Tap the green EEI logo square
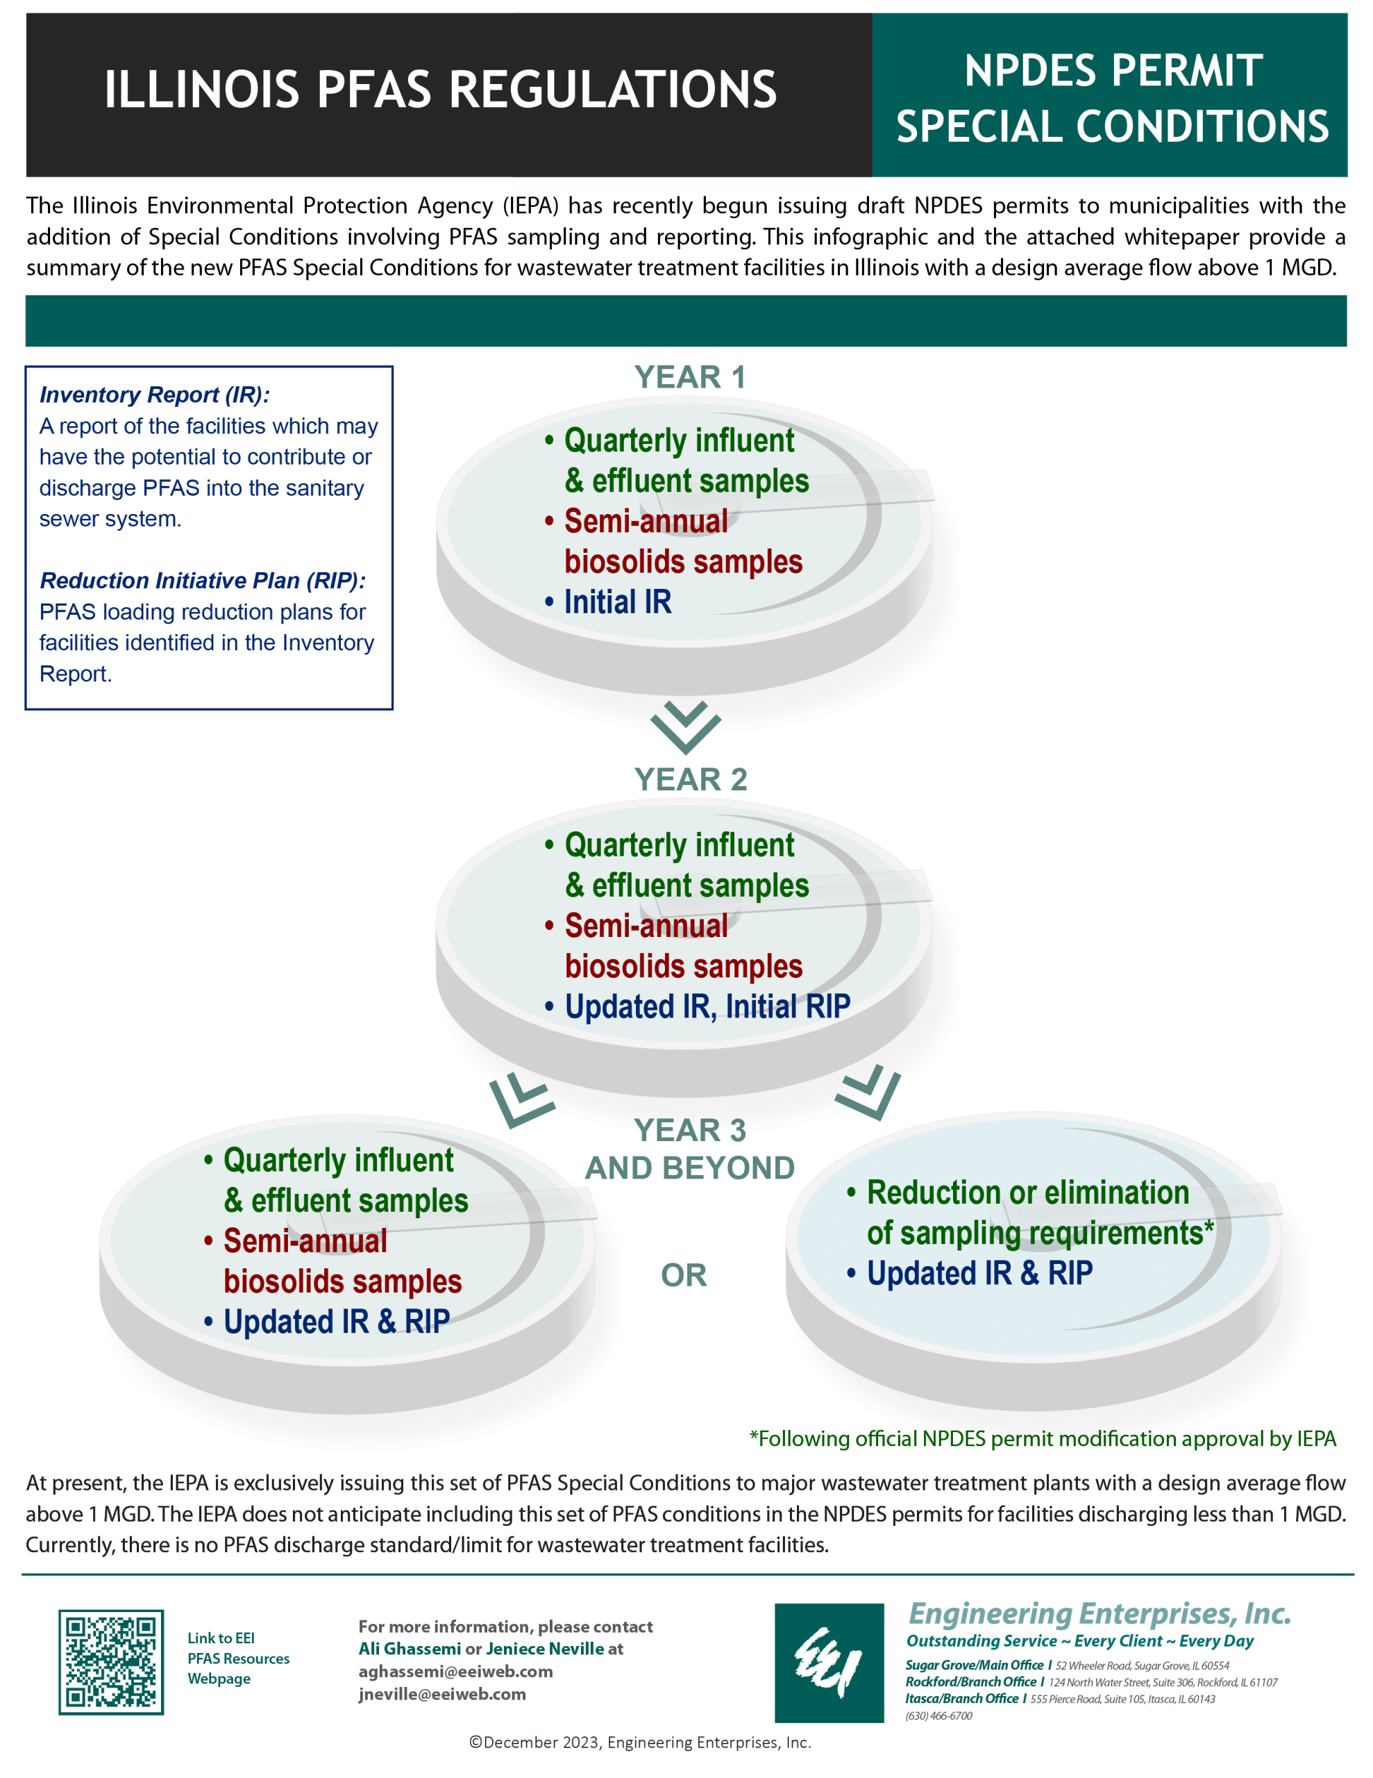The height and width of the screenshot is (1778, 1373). [x=829, y=1663]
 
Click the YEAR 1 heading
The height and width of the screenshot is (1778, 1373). [x=689, y=377]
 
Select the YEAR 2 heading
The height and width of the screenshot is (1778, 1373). [x=690, y=779]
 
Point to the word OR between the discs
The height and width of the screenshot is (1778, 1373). [x=684, y=1275]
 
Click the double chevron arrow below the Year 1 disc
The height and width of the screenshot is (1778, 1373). [x=685, y=726]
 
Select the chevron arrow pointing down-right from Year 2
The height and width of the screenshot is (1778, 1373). [x=868, y=1092]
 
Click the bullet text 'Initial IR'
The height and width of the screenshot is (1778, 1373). [x=618, y=601]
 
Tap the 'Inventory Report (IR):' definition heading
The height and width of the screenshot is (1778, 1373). [x=155, y=394]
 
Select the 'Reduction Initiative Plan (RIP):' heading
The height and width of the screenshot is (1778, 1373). [x=203, y=581]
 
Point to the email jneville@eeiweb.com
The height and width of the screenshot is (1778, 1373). [x=442, y=1694]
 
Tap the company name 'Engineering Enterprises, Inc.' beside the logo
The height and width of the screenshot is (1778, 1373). [x=1099, y=1613]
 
